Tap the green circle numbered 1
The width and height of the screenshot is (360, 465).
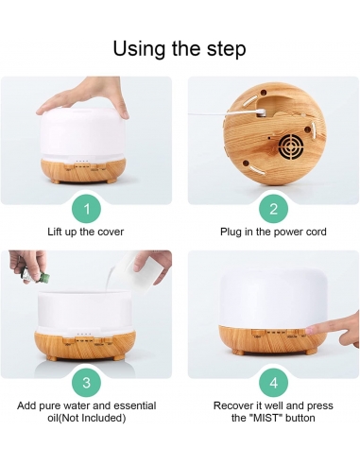(x=86, y=208)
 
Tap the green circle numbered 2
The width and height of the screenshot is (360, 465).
(x=273, y=208)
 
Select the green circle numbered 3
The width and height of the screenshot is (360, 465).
(x=86, y=383)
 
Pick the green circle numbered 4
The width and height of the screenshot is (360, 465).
(x=273, y=383)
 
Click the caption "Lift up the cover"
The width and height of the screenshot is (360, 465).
(x=86, y=231)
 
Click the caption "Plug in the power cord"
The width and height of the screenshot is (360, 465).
(x=273, y=231)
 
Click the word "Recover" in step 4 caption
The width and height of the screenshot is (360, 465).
(x=228, y=405)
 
